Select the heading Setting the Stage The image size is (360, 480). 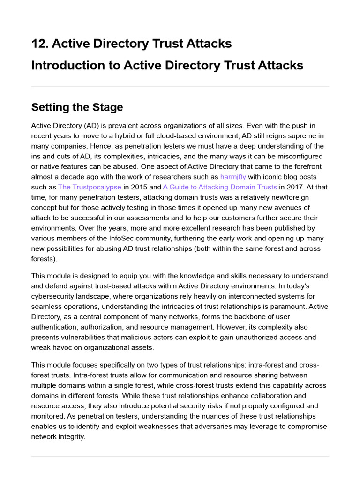pyautogui.click(x=77, y=107)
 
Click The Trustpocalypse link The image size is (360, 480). pyautogui.click(x=89, y=187)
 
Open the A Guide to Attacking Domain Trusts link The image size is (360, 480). pyautogui.click(x=219, y=187)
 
